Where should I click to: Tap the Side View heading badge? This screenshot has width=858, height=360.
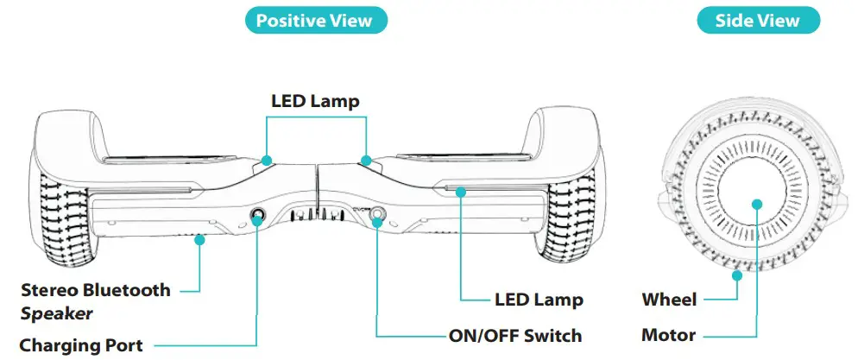(x=757, y=21)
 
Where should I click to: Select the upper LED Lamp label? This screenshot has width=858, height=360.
(x=315, y=102)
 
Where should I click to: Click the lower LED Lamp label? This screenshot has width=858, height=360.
(x=539, y=300)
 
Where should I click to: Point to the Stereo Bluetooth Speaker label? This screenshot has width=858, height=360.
(x=95, y=300)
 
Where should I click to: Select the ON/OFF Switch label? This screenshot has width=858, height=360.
(x=515, y=336)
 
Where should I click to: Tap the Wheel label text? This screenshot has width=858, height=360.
(x=669, y=300)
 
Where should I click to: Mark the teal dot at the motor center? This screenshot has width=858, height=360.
(x=757, y=205)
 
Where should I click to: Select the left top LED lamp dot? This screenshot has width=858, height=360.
(x=267, y=160)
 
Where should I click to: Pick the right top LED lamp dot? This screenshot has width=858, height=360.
(x=367, y=160)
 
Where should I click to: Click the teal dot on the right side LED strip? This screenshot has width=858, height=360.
(x=461, y=192)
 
